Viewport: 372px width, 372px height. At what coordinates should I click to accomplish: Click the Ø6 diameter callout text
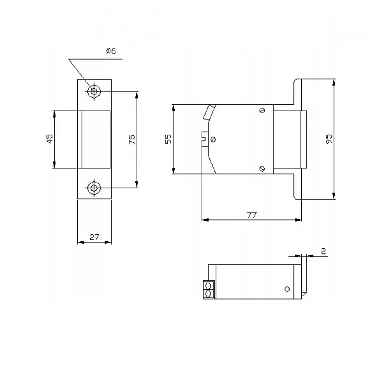[x=111, y=51]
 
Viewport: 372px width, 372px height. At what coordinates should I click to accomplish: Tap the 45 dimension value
[x=50, y=139]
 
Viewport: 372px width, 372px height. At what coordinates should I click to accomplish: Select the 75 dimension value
[x=132, y=139]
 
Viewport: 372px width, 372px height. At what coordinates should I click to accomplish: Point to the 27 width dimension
[x=94, y=237]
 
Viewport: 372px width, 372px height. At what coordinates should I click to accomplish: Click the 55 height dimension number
[x=168, y=139]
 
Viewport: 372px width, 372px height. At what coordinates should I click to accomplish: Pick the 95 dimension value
[x=329, y=139]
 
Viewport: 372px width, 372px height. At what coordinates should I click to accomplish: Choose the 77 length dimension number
[x=252, y=215]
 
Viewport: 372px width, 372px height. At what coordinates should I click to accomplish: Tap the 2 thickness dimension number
[x=323, y=251]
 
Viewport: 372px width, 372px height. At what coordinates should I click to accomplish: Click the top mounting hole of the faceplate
[x=94, y=91]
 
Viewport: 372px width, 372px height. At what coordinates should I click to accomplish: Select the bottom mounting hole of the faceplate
[x=94, y=188]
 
